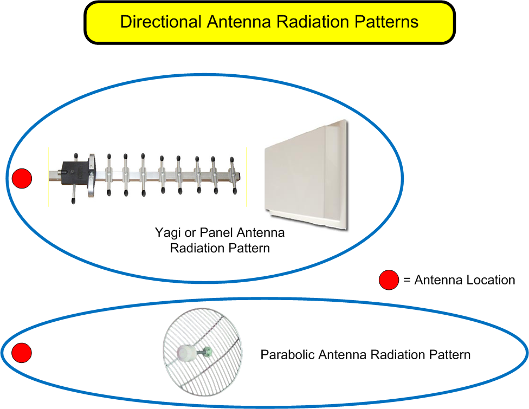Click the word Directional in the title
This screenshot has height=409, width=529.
pyautogui.click(x=160, y=22)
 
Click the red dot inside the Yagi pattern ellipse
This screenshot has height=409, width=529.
pyautogui.click(x=22, y=178)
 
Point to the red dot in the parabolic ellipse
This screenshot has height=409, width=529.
pyautogui.click(x=22, y=353)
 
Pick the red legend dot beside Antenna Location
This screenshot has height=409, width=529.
pyautogui.click(x=389, y=280)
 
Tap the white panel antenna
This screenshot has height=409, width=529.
pyautogui.click(x=306, y=174)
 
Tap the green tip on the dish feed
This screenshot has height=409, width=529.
pyautogui.click(x=208, y=352)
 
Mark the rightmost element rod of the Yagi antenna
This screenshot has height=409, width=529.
pyautogui.click(x=233, y=176)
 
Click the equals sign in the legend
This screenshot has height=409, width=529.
pyautogui.click(x=407, y=280)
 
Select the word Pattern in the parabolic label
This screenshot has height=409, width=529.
pyautogui.click(x=449, y=355)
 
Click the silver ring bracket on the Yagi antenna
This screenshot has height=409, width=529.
pyautogui.click(x=91, y=176)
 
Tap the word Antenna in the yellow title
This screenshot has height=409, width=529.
pyautogui.click(x=239, y=22)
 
